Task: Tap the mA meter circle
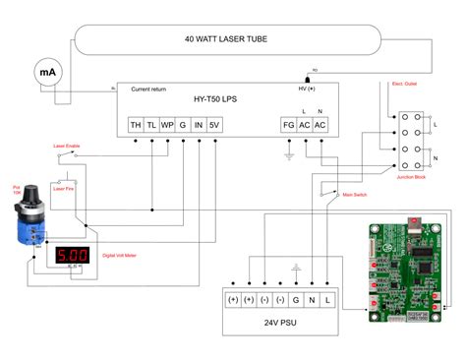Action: pyautogui.click(x=46, y=72)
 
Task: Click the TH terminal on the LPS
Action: pyautogui.click(x=135, y=124)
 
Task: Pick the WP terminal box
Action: pyautogui.click(x=166, y=124)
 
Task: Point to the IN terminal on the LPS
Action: pyautogui.click(x=199, y=124)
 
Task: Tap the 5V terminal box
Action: pyautogui.click(x=215, y=124)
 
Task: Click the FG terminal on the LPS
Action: pyautogui.click(x=288, y=124)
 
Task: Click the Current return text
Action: pyautogui.click(x=151, y=90)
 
